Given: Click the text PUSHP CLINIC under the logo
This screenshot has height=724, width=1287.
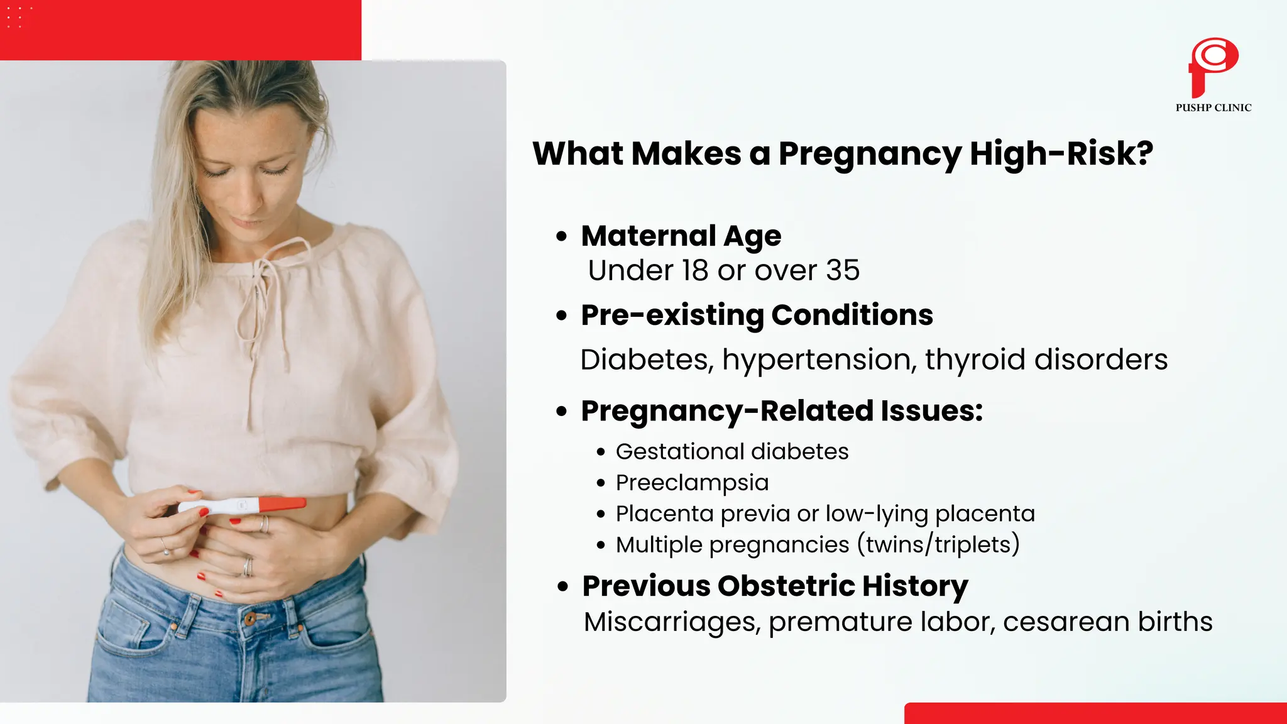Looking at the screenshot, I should point(1213,107).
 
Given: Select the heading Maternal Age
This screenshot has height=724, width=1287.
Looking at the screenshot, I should point(681,236).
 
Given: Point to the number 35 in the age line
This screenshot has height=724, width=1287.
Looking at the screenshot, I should point(842,271).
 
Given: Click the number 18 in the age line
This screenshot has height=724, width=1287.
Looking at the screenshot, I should point(695,271).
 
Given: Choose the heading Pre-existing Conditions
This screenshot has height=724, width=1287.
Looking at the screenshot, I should point(757,315).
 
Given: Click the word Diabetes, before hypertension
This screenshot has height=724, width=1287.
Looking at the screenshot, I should point(647,360).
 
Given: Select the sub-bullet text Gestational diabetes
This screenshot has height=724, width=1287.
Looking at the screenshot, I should point(731,452).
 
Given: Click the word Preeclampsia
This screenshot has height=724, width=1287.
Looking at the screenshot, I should point(692,483).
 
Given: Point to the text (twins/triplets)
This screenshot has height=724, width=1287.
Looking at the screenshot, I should point(938,544).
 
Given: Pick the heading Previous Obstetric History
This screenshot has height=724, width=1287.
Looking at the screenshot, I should point(774,586).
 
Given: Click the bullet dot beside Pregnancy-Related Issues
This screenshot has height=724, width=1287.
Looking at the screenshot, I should point(562,412).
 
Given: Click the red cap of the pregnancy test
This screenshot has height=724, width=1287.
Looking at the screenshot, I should point(282,504).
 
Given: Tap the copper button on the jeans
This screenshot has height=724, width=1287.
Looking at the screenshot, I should point(250,620).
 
